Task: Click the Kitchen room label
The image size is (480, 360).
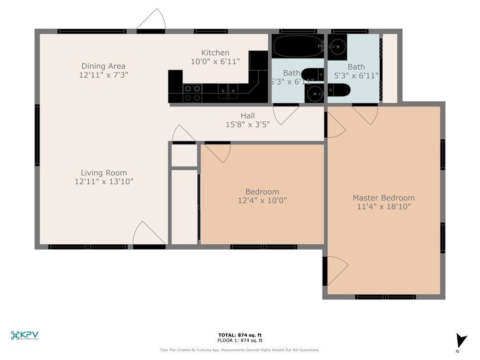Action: click(215, 53)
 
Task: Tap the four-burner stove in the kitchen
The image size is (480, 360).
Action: click(192, 93)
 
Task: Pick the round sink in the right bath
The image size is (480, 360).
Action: click(339, 47)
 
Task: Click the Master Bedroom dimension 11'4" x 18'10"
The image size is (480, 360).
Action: click(384, 207)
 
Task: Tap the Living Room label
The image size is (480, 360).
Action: click(104, 173)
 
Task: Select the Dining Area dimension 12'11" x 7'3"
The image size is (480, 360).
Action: click(104, 75)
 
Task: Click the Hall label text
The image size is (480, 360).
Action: click(248, 116)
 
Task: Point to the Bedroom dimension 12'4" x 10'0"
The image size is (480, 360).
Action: click(262, 201)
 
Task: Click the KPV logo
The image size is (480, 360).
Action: click(24, 336)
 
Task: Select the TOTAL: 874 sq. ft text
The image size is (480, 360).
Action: click(240, 335)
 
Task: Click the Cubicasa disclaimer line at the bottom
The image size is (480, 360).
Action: click(240, 350)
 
